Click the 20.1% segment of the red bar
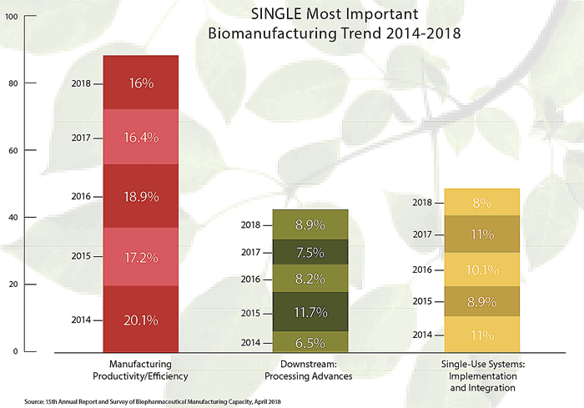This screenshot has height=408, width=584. point(140,320)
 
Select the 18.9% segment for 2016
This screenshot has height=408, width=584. point(140,196)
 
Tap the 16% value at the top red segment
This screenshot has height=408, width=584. point(140,83)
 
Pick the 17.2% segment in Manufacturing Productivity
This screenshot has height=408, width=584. point(140,257)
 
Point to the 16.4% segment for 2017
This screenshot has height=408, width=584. point(140,138)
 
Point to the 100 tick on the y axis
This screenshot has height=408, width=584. point(11,17)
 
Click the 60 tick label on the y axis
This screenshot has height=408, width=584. point(11,151)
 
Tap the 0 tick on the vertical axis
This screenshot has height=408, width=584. point(13,352)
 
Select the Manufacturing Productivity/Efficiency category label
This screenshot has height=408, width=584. point(140,370)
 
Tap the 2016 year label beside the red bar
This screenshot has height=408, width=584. point(81,196)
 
